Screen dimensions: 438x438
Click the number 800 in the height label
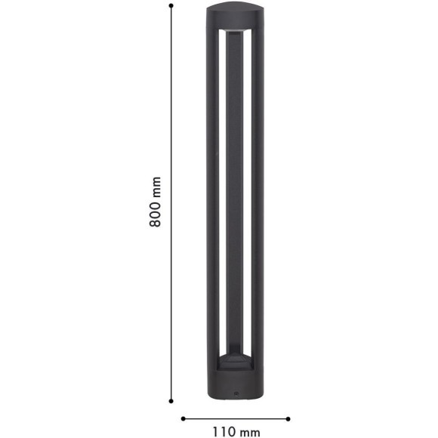point(156,214)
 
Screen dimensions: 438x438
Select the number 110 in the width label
point(224,431)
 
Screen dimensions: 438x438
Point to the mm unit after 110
point(249,433)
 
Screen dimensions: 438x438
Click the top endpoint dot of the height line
point(171,5)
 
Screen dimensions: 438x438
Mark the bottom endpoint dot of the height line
point(171,401)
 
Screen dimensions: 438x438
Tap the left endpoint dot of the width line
point(183,418)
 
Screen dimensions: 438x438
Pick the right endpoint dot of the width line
point(288,418)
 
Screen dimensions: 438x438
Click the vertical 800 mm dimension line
point(171,203)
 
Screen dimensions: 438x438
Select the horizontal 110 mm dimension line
point(236,418)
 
